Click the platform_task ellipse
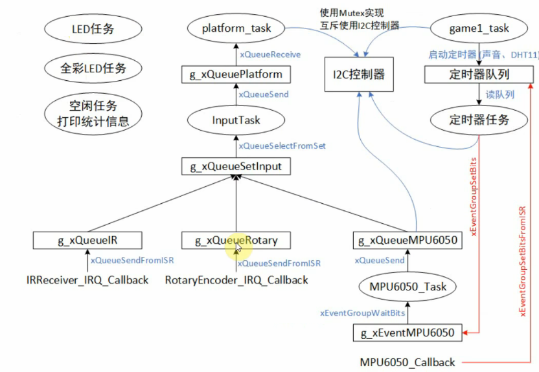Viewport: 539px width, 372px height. coord(236,28)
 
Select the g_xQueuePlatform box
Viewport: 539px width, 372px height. coord(236,75)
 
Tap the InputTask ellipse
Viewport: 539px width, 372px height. coord(236,120)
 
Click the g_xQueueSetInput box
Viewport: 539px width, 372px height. coord(236,166)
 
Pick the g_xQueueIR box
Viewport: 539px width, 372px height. coord(87,241)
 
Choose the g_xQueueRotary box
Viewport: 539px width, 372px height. coord(236,241)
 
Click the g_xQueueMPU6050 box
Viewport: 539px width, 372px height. coord(408,241)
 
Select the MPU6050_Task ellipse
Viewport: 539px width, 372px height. coord(408,287)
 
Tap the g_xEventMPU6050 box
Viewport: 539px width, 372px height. coord(408,333)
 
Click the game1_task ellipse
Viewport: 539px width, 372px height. coord(479,28)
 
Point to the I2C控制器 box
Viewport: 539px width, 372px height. coord(354,75)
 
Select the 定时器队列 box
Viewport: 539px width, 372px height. coord(479,75)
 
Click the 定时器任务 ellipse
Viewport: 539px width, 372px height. coord(479,120)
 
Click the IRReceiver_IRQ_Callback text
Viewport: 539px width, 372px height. coord(87,280)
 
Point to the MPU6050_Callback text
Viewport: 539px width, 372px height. coord(407,362)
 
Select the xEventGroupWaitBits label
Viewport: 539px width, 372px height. coord(362,312)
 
